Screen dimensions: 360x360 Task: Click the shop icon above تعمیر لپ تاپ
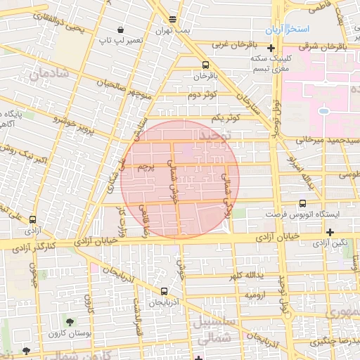click(121, 30)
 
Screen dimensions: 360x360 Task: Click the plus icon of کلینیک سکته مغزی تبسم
click(271, 48)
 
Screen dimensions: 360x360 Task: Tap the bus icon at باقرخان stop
click(196, 63)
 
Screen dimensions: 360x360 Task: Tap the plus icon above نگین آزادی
click(330, 232)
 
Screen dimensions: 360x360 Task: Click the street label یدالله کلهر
click(249, 275)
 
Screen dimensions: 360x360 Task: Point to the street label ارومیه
click(255, 297)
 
